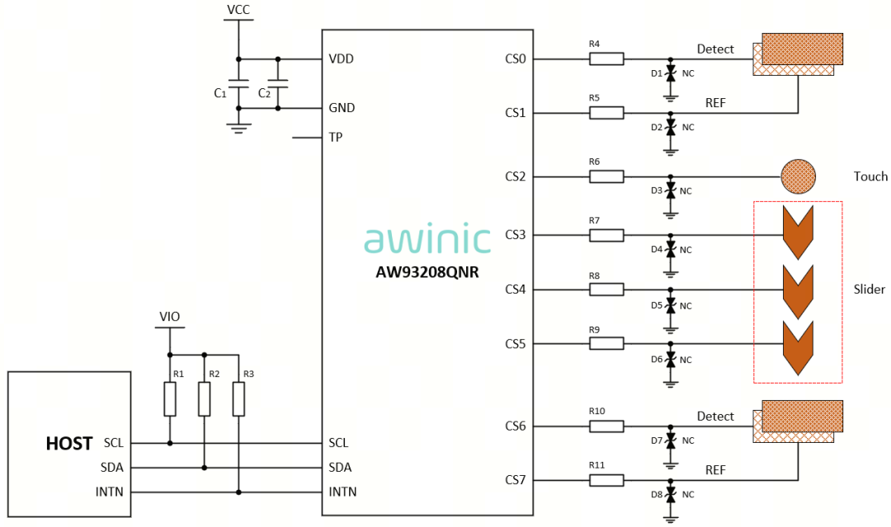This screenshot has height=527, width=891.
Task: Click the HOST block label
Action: click(x=68, y=444)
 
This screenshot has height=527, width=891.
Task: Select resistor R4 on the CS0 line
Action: click(x=606, y=59)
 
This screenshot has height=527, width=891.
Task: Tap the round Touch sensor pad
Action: click(x=798, y=176)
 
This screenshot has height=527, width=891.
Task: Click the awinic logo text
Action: click(x=427, y=238)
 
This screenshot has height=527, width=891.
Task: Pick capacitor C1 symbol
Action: click(x=238, y=84)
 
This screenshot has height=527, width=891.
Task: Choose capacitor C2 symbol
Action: click(x=278, y=84)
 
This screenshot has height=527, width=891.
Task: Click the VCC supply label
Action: click(x=238, y=10)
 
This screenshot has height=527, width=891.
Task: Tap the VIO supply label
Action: click(x=170, y=317)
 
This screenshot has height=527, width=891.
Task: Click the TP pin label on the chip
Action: click(x=336, y=137)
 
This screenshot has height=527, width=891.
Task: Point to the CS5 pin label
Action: click(x=516, y=344)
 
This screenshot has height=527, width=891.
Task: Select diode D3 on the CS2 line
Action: click(x=671, y=191)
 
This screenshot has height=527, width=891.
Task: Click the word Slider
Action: click(x=870, y=289)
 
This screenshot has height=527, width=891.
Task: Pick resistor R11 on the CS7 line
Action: click(x=606, y=480)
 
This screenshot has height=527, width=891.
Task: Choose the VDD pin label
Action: click(x=341, y=59)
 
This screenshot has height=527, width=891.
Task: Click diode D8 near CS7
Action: click(x=671, y=495)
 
